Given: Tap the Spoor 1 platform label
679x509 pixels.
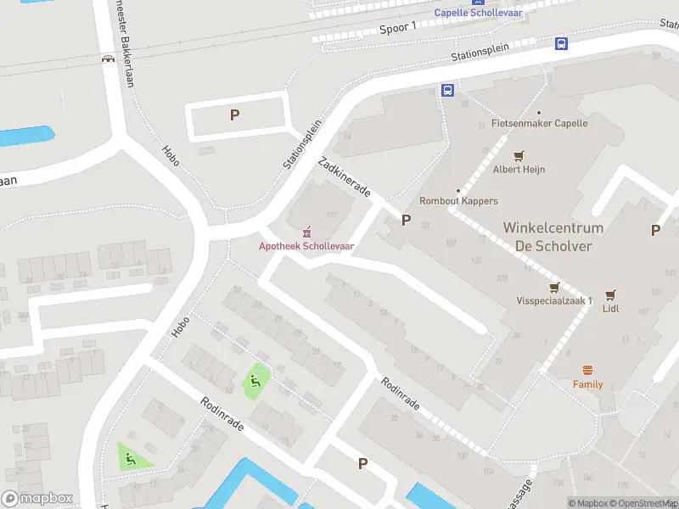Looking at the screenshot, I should [x=398, y=28].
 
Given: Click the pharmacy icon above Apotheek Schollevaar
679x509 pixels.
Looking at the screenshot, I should [x=306, y=232].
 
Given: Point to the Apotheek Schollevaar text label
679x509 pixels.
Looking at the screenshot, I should [x=306, y=246].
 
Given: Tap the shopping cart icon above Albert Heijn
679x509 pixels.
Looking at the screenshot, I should [x=519, y=155].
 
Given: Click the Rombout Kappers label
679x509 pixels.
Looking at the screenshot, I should [x=458, y=201].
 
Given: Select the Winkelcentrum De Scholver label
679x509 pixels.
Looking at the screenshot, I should [x=553, y=237].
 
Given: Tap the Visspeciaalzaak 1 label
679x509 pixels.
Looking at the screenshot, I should [x=554, y=301].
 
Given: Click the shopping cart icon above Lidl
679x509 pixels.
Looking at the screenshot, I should [x=610, y=294].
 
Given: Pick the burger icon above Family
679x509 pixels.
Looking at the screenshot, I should [x=587, y=370].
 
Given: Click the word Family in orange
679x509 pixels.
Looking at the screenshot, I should [x=587, y=384].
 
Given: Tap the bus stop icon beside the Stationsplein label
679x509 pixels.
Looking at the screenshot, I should [x=561, y=44].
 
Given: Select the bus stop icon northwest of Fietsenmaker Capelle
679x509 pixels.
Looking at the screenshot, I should [x=447, y=91].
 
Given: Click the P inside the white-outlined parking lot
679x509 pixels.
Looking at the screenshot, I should [x=235, y=115].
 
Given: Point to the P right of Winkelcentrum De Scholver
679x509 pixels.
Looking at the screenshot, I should [x=655, y=230].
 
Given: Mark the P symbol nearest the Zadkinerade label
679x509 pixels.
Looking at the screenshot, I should [x=406, y=221].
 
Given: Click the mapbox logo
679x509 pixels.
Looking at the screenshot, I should [x=37, y=499].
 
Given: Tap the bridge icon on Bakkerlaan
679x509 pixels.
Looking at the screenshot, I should [x=108, y=59].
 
